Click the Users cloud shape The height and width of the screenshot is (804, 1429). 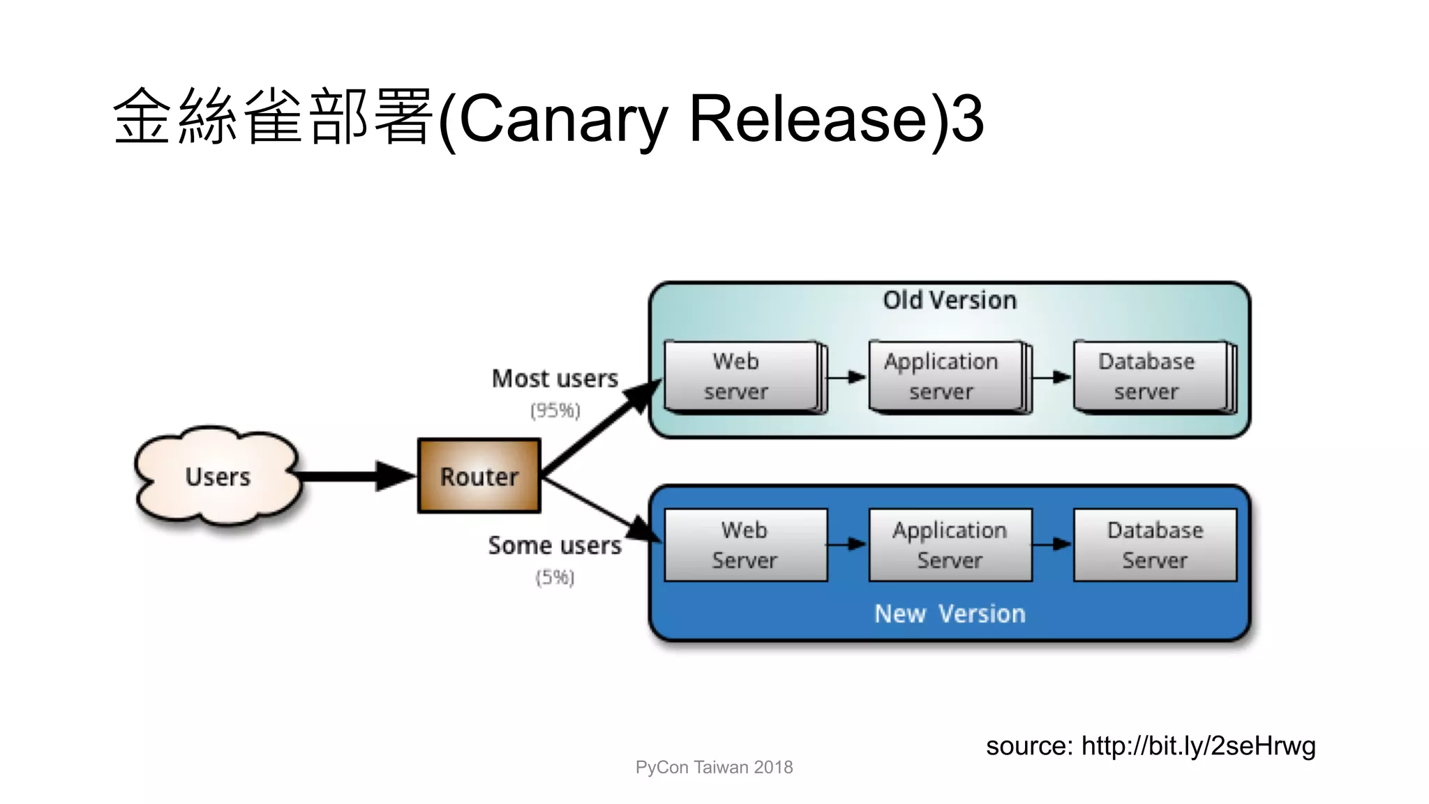[218, 476]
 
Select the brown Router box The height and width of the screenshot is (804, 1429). [479, 476]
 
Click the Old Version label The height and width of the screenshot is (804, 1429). [949, 300]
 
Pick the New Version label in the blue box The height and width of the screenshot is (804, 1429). [949, 613]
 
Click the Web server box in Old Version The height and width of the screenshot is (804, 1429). [741, 377]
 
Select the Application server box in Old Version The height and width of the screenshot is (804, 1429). [945, 377]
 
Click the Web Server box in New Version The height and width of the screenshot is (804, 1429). [745, 545]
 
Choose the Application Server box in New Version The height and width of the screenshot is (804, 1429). [950, 545]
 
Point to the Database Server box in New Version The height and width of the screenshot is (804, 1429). [1155, 545]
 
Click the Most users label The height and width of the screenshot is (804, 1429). [555, 378]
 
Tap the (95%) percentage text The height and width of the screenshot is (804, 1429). [555, 410]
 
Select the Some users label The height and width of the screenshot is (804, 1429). [555, 545]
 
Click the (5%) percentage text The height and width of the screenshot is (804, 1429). [555, 577]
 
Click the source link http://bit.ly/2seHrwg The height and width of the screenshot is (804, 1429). [1198, 746]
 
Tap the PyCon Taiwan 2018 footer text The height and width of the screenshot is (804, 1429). [714, 767]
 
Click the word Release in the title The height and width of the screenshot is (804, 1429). [808, 119]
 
